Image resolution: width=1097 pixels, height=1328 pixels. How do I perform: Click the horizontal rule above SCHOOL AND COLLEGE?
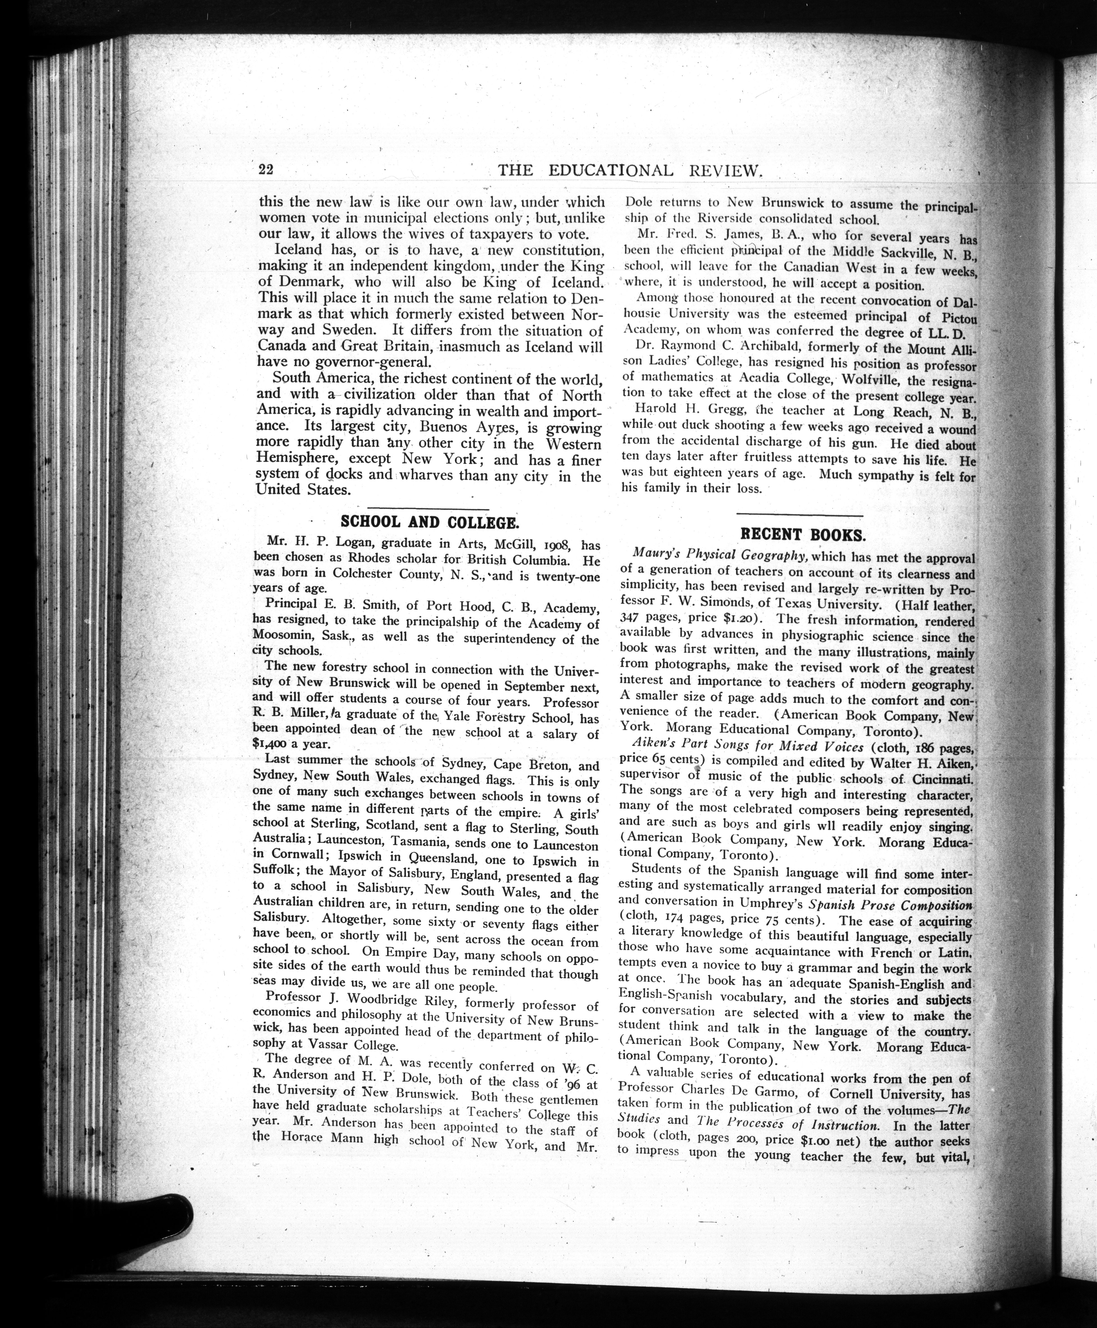428,509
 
